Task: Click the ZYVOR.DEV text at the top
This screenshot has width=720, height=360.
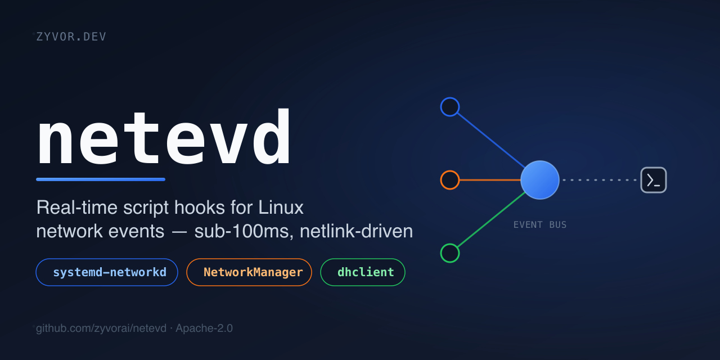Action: pyautogui.click(x=71, y=37)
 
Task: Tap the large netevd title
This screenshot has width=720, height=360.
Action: pyautogui.click(x=164, y=137)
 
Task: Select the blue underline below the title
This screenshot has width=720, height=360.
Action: pyautogui.click(x=101, y=179)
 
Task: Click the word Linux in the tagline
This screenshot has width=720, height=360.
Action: pyautogui.click(x=281, y=208)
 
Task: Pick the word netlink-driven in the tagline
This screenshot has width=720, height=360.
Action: pyautogui.click(x=356, y=231)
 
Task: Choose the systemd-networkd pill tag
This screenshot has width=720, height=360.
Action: pyautogui.click(x=107, y=272)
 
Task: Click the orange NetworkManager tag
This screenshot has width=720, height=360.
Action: pyautogui.click(x=249, y=272)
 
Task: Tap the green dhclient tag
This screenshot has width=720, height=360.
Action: pyautogui.click(x=363, y=272)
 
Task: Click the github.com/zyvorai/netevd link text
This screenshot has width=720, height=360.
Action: pyautogui.click(x=101, y=328)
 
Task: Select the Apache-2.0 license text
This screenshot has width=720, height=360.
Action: pyautogui.click(x=204, y=328)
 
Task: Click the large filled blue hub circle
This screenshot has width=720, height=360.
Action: pyautogui.click(x=540, y=180)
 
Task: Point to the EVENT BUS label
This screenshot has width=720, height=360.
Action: pyautogui.click(x=540, y=224)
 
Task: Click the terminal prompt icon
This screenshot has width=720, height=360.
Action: pyautogui.click(x=654, y=180)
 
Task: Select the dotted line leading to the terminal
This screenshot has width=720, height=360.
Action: pyautogui.click(x=600, y=180)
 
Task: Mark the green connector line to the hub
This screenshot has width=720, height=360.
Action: pyautogui.click(x=491, y=220)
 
